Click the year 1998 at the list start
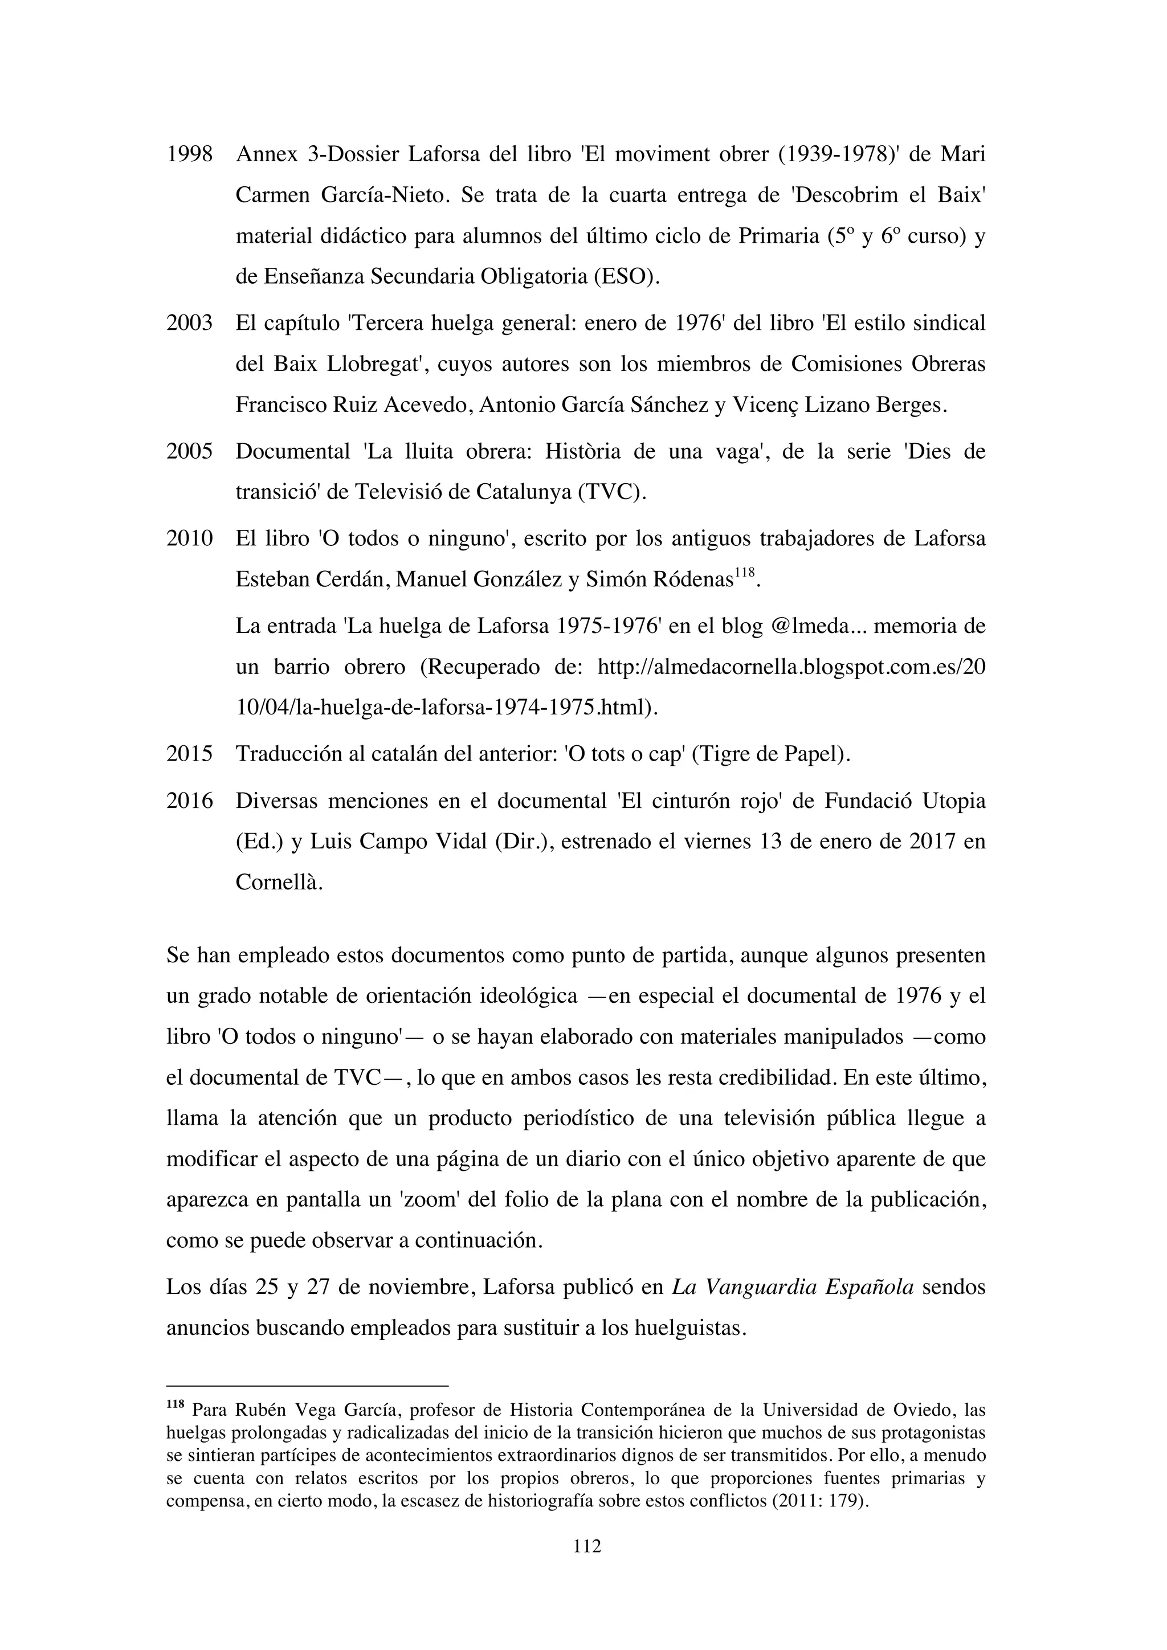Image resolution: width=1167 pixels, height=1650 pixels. point(189,154)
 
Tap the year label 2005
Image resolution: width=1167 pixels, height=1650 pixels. point(189,451)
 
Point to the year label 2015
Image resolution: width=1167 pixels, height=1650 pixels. point(189,754)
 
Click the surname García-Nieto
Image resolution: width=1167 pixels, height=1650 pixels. point(382,195)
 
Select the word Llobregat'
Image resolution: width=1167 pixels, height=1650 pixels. point(373,364)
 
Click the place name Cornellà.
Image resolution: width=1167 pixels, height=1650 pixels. point(278,883)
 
